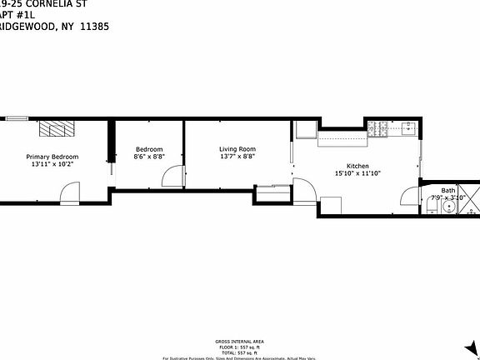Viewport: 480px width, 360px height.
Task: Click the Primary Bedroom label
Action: point(52,157)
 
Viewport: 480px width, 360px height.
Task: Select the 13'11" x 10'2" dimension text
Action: point(52,164)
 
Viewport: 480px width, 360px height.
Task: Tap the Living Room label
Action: point(237,149)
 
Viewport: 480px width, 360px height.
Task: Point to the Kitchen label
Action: point(357,166)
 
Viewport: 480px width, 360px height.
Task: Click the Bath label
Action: point(448,191)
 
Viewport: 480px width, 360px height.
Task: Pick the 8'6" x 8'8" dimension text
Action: point(149,157)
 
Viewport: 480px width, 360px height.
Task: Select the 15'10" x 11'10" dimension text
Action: point(357,173)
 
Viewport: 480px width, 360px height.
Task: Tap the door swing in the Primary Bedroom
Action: point(69,193)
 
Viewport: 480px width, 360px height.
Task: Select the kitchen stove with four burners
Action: point(377,128)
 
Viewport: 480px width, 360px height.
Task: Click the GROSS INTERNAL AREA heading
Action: point(239,341)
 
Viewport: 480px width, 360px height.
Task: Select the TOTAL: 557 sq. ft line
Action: point(239,351)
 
